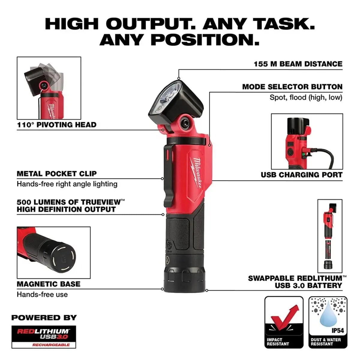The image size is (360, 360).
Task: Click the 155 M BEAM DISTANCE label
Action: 298,64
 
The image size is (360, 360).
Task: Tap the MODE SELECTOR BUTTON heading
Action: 292,87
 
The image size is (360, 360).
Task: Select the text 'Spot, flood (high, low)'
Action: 306,97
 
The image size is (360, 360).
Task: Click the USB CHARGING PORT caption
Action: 301,175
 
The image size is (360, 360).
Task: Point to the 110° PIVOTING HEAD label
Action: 57,125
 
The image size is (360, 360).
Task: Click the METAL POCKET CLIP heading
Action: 57,174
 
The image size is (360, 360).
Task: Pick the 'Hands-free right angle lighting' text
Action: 67,184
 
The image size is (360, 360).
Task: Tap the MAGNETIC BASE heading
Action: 49,284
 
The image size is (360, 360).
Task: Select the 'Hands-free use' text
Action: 42,295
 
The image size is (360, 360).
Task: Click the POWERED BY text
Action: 44,318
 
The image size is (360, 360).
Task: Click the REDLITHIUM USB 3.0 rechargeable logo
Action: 44,336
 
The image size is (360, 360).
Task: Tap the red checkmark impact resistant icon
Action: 284,318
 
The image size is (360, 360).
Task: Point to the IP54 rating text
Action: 337,331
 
